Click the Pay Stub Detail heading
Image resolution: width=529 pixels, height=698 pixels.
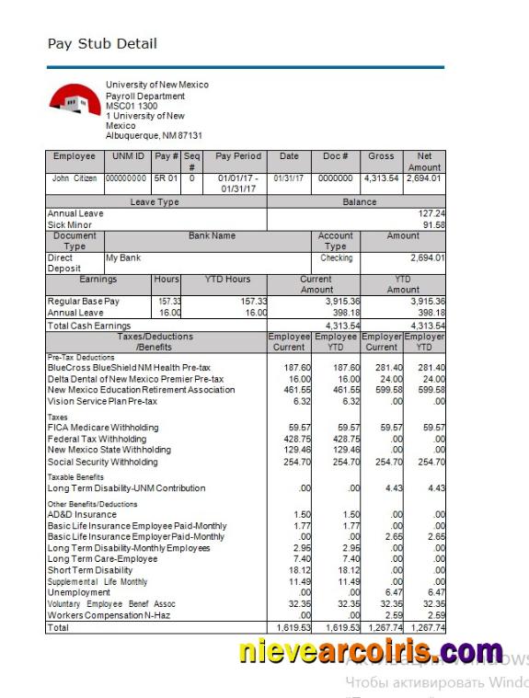[x=102, y=43]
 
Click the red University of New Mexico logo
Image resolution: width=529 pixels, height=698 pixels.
[x=75, y=99]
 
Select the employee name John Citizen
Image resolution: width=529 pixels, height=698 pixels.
[x=75, y=178]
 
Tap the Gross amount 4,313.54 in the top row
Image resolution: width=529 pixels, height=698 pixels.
[x=381, y=178]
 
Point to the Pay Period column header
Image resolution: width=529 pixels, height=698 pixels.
[x=238, y=156]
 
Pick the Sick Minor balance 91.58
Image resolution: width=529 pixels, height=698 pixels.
[x=431, y=224]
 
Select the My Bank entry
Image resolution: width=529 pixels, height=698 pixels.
[x=123, y=258]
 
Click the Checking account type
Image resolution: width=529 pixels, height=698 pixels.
[x=336, y=258]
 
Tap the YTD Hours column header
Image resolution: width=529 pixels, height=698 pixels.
[x=225, y=279]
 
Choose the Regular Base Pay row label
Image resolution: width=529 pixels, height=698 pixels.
[x=85, y=302]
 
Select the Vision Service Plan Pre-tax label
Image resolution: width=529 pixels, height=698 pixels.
[x=102, y=401]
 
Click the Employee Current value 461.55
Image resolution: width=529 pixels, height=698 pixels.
[x=288, y=390]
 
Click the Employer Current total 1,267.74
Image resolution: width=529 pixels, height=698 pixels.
[x=381, y=627]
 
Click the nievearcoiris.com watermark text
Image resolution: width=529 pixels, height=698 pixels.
[x=371, y=652]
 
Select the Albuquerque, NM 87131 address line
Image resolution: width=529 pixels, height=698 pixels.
[x=154, y=135]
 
